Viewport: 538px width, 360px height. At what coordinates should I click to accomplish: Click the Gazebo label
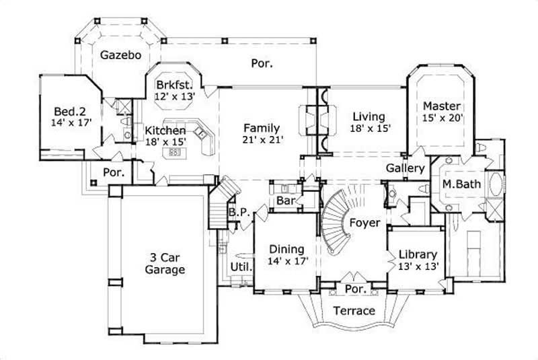[x=121, y=55]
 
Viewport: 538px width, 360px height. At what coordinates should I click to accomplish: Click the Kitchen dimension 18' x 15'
[x=165, y=141]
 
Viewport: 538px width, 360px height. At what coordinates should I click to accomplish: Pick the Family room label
[x=262, y=128]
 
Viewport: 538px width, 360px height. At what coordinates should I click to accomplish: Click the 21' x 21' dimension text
[x=262, y=141]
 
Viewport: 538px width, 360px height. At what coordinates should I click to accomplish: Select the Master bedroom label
[x=442, y=106]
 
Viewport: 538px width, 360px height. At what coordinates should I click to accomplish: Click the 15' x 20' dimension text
[x=442, y=118]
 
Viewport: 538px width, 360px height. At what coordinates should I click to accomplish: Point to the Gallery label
[x=405, y=168]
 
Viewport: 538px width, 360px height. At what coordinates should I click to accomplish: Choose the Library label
[x=418, y=255]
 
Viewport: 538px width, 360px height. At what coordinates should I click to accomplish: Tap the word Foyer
[x=365, y=223]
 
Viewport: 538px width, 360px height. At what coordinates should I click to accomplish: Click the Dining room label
[x=286, y=249]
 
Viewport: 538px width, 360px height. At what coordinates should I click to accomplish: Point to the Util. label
[x=241, y=266]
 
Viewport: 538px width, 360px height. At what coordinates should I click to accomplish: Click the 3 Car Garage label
[x=166, y=263]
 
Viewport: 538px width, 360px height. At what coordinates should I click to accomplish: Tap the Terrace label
[x=354, y=311]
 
